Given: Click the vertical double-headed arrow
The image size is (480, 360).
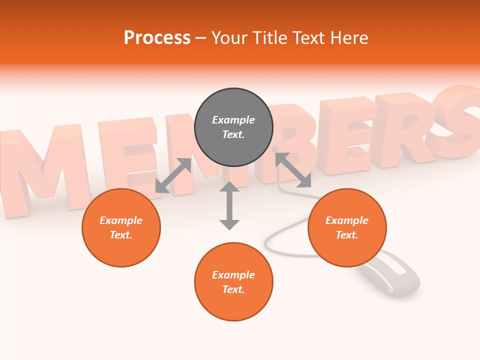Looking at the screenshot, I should coord(229,205).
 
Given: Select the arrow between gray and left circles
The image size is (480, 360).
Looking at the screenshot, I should coord(173,175).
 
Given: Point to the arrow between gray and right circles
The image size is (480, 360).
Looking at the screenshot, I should coord(293,170).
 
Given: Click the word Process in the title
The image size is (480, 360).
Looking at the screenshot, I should coord(157,37).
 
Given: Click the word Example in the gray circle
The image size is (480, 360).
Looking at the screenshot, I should coord(233,120).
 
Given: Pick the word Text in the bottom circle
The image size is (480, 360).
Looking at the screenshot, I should coord(233,289).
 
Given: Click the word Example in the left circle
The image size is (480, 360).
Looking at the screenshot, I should coord(121,220).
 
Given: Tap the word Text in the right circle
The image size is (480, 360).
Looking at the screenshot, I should coord(346,235).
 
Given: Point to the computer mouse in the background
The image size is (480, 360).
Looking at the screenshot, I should coord(390,272).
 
